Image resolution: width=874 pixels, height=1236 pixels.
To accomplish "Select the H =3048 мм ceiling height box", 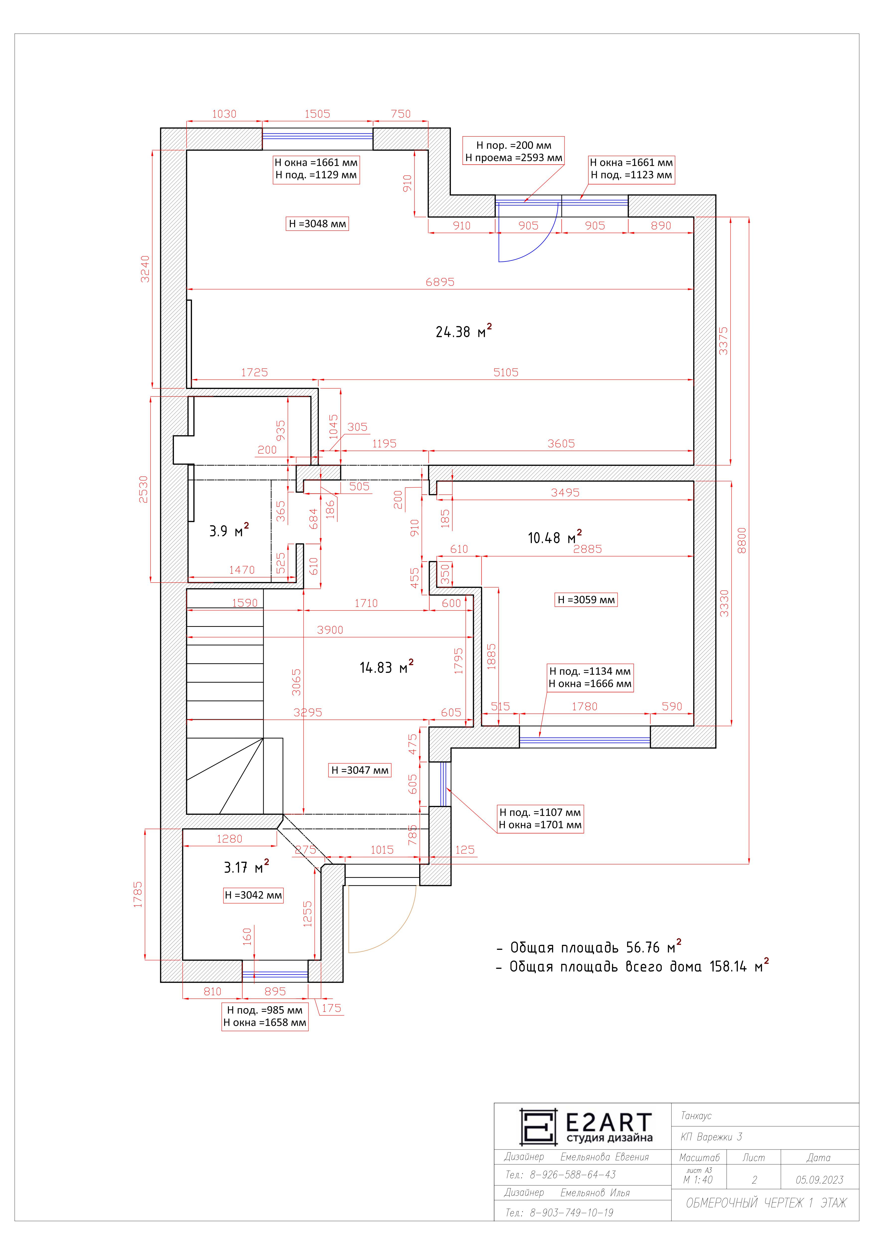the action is click(x=317, y=223).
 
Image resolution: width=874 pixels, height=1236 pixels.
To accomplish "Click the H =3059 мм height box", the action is click(x=586, y=600).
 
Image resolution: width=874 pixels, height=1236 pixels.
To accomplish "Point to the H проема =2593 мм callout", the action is click(x=514, y=158).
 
